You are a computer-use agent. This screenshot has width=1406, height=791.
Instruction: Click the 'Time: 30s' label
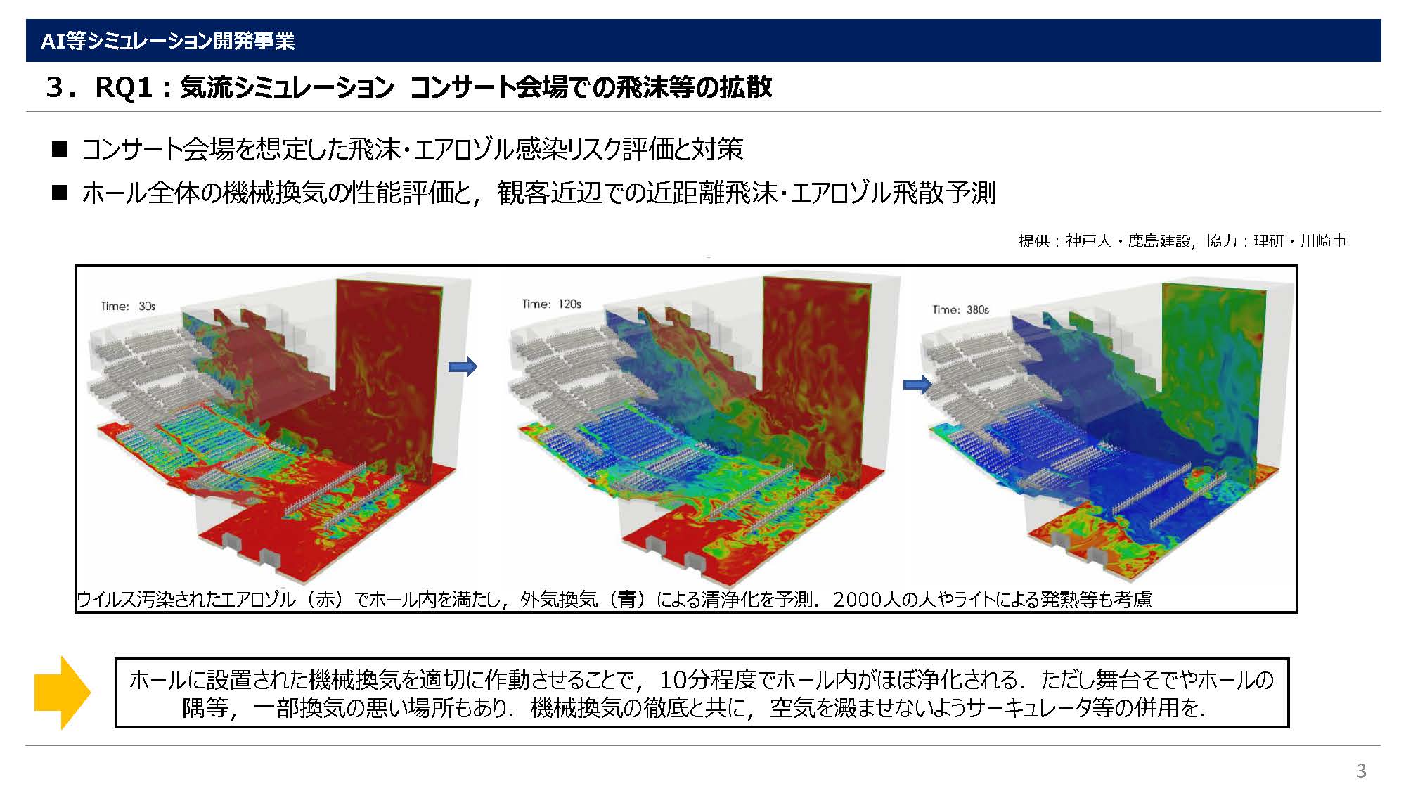point(128,306)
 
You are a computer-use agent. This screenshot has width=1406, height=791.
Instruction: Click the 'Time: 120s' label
point(551,304)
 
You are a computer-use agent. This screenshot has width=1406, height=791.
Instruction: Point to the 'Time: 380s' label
point(960,309)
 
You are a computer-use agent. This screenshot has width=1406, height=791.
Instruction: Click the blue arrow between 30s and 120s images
point(463,366)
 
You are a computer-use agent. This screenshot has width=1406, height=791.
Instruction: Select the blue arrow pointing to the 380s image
point(917,384)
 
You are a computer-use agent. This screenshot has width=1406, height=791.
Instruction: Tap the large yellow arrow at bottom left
point(63,693)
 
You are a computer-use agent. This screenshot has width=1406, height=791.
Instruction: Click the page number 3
point(1362,771)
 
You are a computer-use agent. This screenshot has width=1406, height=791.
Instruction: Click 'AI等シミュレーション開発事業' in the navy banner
point(167,41)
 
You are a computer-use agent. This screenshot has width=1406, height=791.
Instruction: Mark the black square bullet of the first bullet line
point(60,149)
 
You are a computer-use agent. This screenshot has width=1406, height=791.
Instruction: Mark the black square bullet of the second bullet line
point(60,193)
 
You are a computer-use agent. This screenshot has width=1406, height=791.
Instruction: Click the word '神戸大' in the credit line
point(1088,241)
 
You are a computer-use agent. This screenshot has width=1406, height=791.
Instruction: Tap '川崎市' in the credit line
point(1323,241)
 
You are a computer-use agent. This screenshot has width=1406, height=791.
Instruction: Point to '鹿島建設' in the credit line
point(1159,241)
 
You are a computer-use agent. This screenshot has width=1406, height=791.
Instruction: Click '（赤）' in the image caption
point(325,599)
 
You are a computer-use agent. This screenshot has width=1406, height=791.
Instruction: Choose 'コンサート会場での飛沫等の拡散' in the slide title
point(591,88)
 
